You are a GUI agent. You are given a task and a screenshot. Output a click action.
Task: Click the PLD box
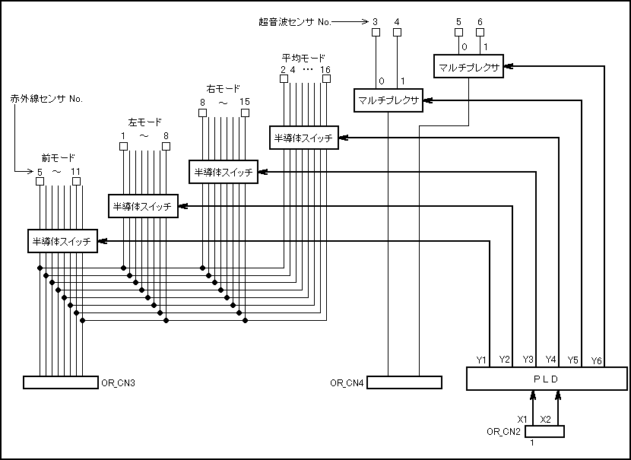(542, 379)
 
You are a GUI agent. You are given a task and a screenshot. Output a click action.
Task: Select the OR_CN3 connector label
(118, 382)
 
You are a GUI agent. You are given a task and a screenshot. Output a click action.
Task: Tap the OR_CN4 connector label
(347, 382)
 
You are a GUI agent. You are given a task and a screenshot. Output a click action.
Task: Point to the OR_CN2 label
(503, 432)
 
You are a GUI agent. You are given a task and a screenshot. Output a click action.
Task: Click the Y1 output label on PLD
(481, 360)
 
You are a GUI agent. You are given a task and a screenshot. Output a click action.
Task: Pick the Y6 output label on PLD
(596, 360)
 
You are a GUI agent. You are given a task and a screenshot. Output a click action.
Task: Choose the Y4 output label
(551, 360)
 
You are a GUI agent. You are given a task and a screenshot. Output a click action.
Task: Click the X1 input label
(523, 419)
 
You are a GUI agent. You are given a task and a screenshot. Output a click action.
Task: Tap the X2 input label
(545, 419)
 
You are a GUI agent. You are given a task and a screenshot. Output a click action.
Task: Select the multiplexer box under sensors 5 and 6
(468, 68)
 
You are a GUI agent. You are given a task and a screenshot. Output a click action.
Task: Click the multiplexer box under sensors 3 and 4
(388, 101)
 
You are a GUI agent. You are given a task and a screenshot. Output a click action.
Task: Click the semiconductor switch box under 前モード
(62, 242)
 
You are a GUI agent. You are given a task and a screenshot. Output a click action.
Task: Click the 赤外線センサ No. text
(46, 99)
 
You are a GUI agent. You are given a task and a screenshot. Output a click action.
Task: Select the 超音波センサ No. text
(294, 22)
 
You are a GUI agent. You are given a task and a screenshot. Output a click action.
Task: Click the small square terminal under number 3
(376, 33)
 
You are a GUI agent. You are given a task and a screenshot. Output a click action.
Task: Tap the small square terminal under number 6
(480, 33)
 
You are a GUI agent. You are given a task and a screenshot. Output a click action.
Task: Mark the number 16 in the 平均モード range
(325, 70)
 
